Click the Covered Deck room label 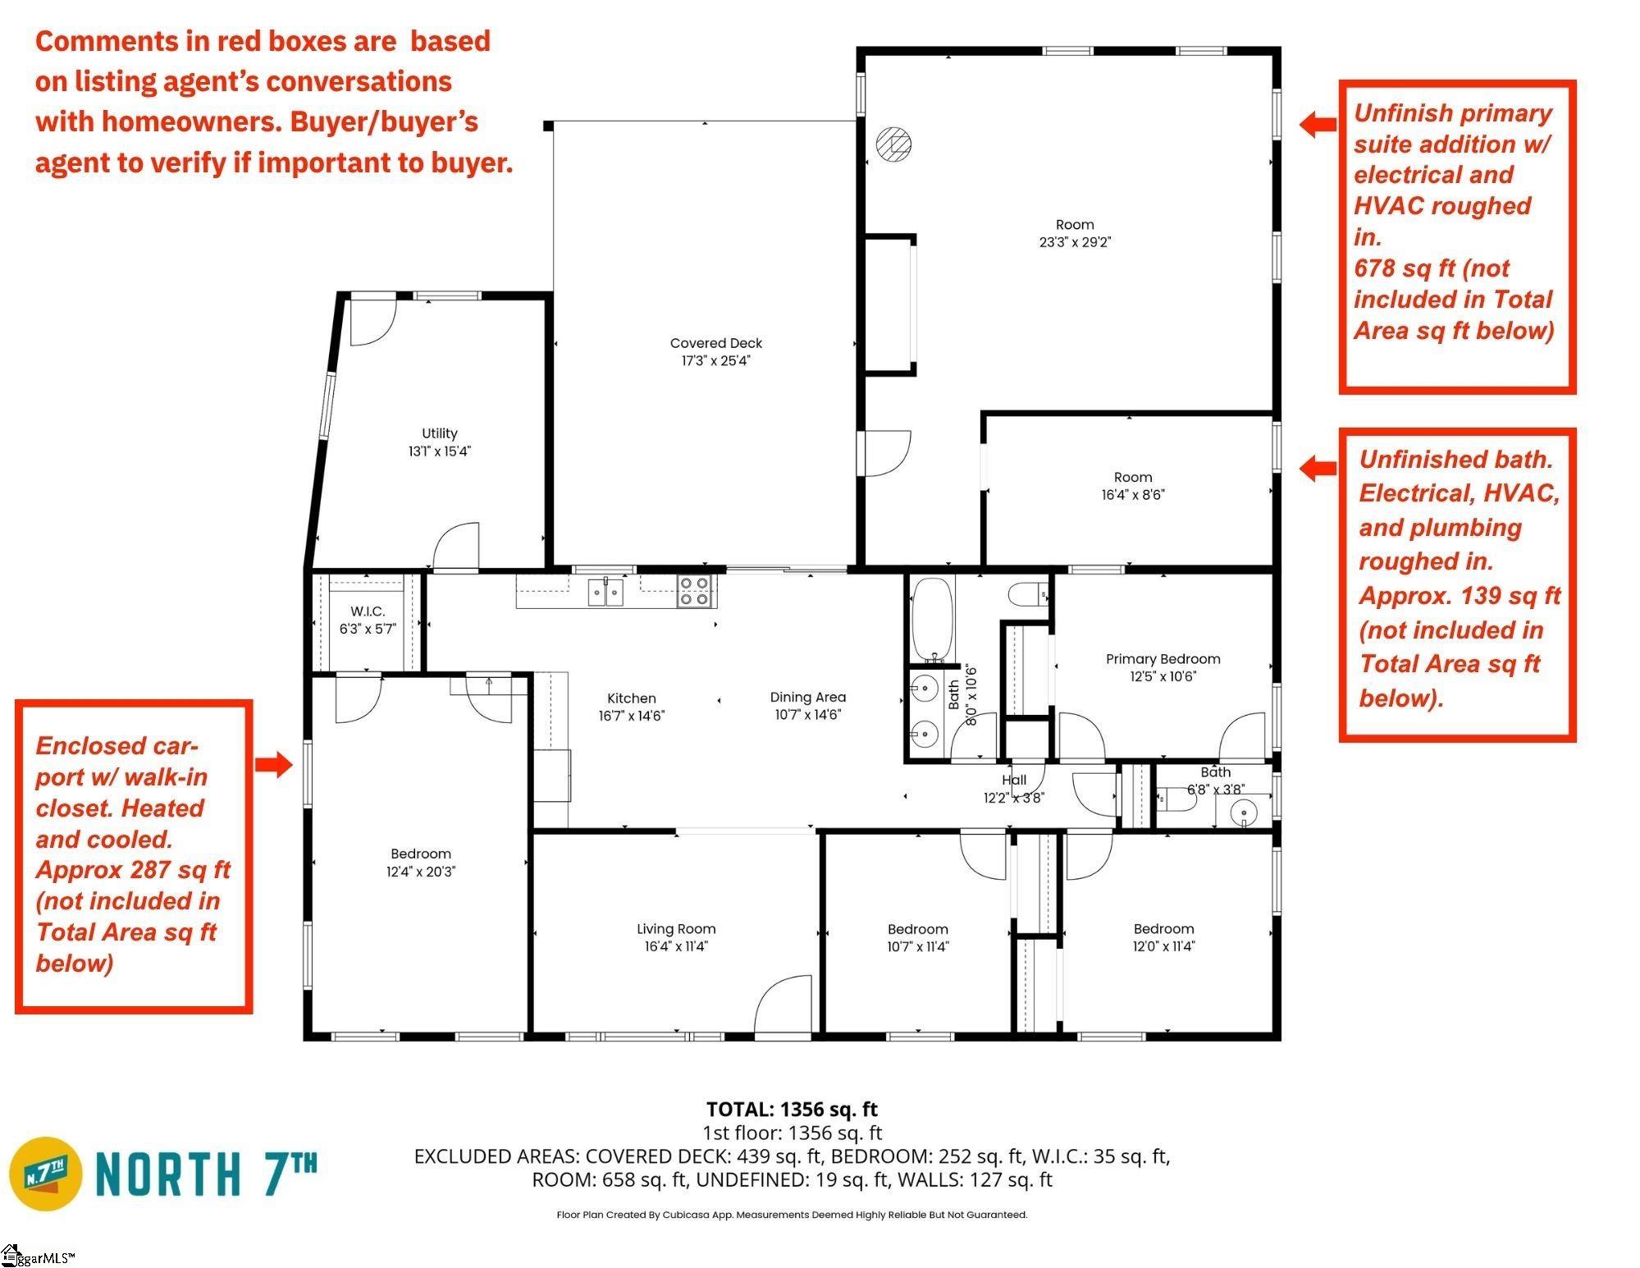click(715, 343)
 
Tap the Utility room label click(439, 433)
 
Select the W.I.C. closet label click(368, 611)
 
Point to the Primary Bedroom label click(1163, 659)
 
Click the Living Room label click(676, 929)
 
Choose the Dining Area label click(807, 698)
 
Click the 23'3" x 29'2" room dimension click(1075, 242)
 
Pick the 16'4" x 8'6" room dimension click(1133, 495)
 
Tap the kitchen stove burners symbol click(695, 591)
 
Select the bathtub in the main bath click(932, 619)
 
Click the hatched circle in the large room click(893, 144)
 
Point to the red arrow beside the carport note click(273, 764)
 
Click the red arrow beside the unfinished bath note click(1318, 468)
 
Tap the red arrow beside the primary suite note click(1318, 124)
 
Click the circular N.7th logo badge click(46, 1174)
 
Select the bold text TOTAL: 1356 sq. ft click(792, 1110)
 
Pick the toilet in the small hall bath click(1176, 799)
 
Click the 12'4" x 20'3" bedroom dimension click(421, 872)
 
